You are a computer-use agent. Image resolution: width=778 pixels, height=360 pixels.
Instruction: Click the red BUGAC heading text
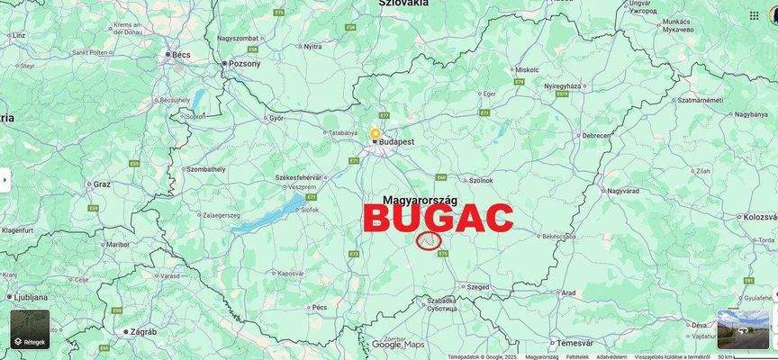pos(439,219)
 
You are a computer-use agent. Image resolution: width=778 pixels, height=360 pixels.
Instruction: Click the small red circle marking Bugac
pos(430,240)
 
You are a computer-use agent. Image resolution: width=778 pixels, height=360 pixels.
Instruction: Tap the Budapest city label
pos(396,142)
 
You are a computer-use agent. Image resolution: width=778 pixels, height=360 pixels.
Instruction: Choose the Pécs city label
pos(319,307)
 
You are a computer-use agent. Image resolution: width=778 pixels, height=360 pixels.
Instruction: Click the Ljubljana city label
pos(32,296)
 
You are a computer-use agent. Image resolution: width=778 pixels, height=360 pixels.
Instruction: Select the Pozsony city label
pos(245,64)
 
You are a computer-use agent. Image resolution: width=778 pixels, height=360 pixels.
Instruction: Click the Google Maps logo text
pos(397,345)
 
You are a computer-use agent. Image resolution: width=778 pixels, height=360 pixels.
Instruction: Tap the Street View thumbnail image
pos(743,329)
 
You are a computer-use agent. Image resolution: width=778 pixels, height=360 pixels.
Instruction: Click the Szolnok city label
pos(481,180)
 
